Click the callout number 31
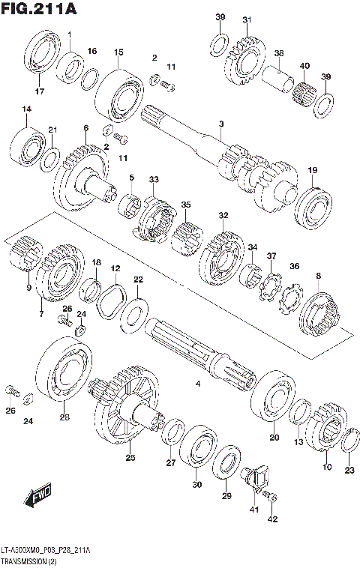click(x=247, y=19)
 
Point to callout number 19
click(x=312, y=170)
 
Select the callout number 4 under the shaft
click(x=198, y=384)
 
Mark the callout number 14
click(x=27, y=110)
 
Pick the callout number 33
click(x=154, y=180)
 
